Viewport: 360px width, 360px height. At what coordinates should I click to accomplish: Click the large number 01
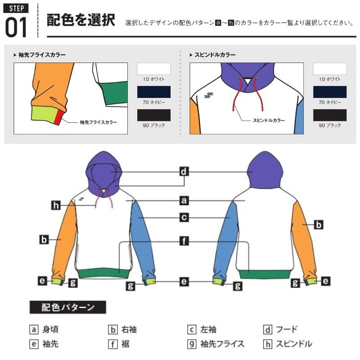[x=17, y=27]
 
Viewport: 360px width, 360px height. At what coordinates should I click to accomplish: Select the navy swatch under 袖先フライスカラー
[x=154, y=92]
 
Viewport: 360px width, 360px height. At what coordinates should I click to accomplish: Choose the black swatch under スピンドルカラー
[x=330, y=115]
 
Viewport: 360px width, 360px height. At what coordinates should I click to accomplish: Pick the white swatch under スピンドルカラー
[x=330, y=69]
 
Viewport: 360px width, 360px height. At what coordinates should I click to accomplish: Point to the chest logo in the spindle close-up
[x=208, y=94]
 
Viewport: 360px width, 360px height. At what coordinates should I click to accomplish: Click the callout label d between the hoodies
[x=184, y=171]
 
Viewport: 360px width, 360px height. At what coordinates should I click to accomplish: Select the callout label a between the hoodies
[x=184, y=200]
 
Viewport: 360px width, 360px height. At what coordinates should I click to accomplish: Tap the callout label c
[x=184, y=217]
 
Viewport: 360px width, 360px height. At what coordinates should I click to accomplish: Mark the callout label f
[x=184, y=241]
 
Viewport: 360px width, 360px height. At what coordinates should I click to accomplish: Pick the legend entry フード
[x=281, y=330]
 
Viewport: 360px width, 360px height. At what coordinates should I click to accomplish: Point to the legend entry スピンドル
[x=288, y=344]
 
